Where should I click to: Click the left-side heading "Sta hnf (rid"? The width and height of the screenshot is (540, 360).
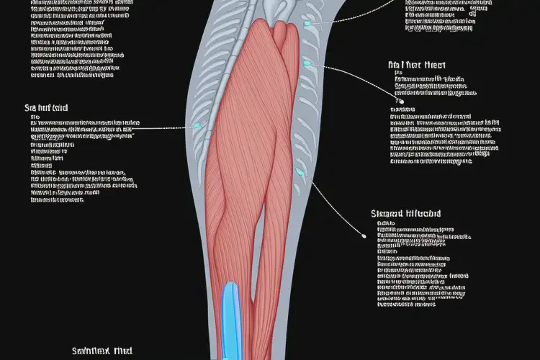pyautogui.click(x=46, y=109)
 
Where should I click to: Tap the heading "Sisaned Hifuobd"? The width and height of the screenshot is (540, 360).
pyautogui.click(x=405, y=214)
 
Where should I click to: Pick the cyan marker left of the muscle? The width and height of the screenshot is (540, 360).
pyautogui.click(x=198, y=126)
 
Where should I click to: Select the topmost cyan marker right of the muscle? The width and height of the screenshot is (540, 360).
pyautogui.click(x=307, y=24)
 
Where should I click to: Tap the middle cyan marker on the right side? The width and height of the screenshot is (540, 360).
pyautogui.click(x=307, y=64)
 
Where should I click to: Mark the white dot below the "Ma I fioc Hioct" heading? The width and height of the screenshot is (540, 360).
pyautogui.click(x=395, y=93)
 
